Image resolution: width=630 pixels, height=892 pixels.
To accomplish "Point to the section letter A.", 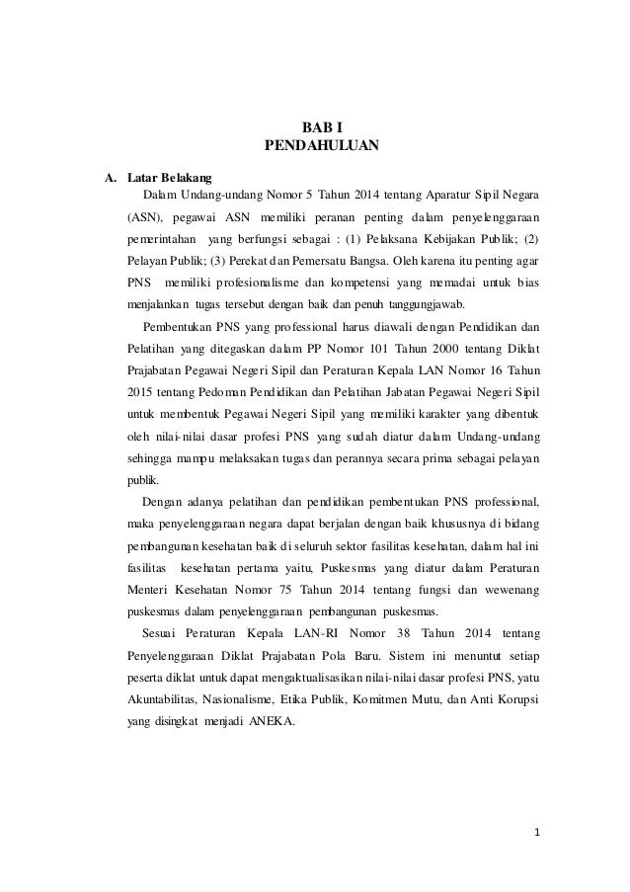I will tap(112, 178).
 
